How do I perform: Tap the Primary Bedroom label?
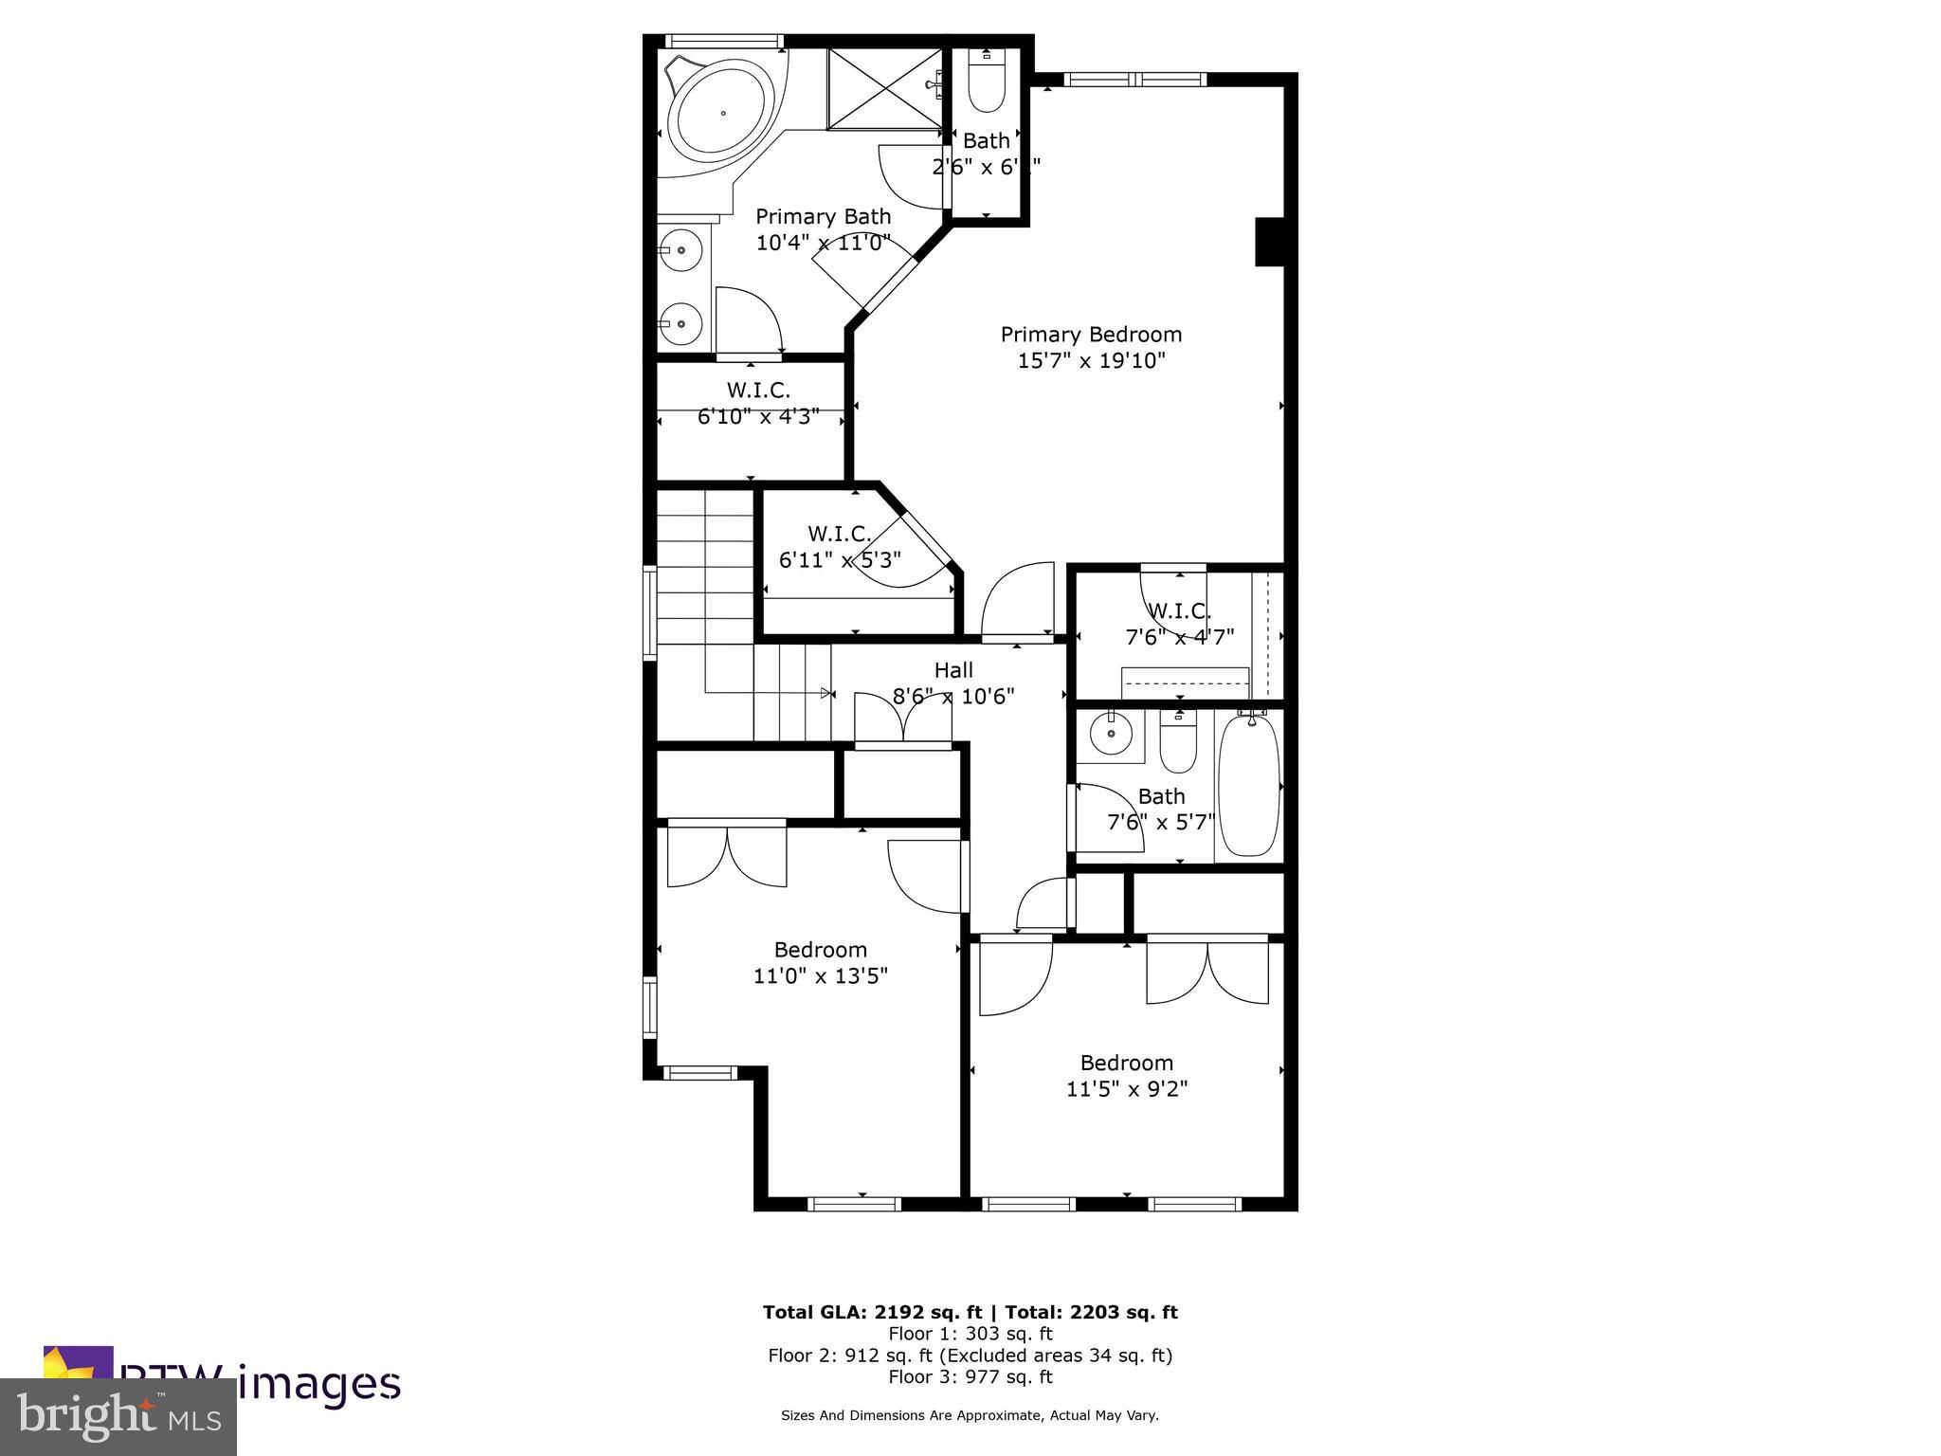pos(1091,335)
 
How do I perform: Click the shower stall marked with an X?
pos(884,88)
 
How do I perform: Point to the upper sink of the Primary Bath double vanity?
pos(680,250)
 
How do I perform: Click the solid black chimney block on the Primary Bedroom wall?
pos(1269,242)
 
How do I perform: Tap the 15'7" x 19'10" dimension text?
pos(1091,361)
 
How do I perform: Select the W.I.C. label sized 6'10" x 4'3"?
pos(758,390)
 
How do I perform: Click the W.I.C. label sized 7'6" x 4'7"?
pos(1179,611)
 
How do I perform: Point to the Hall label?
pos(953,670)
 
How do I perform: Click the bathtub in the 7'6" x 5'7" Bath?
pos(1248,787)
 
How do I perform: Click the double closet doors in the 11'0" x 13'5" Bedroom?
pos(727,855)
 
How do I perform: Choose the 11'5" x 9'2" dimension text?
pos(1127,1088)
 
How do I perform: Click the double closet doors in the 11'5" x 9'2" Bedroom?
pos(1207,972)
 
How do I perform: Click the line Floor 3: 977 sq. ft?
pos(970,1376)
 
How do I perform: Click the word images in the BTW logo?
pos(319,1384)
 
